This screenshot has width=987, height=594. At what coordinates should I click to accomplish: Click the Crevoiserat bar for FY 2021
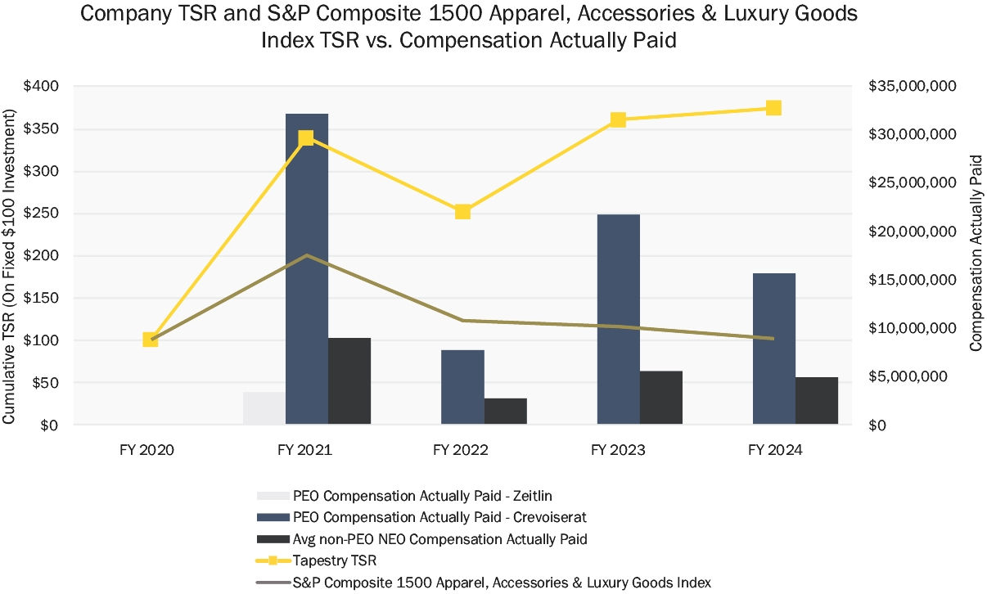pos(307,270)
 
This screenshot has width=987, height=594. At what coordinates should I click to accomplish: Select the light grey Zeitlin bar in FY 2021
pos(264,408)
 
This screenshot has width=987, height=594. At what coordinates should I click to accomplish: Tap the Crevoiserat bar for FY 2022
pos(462,387)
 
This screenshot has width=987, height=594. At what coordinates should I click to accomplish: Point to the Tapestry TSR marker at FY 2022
pos(462,212)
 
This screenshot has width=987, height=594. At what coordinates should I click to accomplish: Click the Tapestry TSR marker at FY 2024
pos(773,108)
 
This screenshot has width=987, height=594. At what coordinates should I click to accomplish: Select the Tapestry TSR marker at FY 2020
pos(151,340)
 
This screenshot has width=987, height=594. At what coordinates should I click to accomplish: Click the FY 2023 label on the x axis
pos(618,451)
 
